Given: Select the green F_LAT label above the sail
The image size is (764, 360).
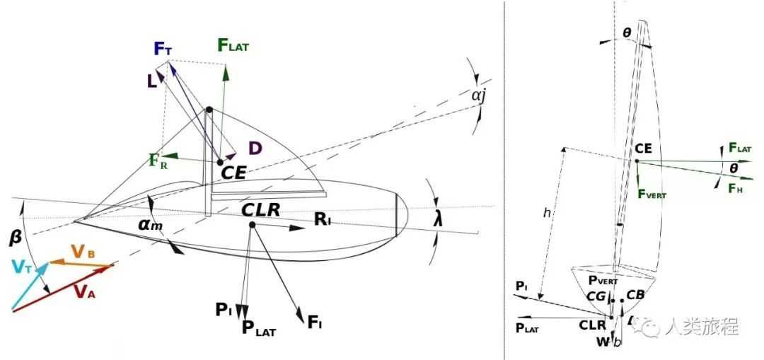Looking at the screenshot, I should [x=234, y=46].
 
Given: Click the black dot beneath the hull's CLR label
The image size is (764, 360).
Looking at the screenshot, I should [x=252, y=225].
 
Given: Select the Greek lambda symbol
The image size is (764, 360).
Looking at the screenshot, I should [x=439, y=220].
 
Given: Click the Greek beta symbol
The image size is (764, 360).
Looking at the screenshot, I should [x=15, y=238].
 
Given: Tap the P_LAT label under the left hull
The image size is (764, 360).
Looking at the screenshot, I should [x=259, y=327].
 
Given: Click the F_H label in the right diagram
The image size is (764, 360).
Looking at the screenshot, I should [x=736, y=187].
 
